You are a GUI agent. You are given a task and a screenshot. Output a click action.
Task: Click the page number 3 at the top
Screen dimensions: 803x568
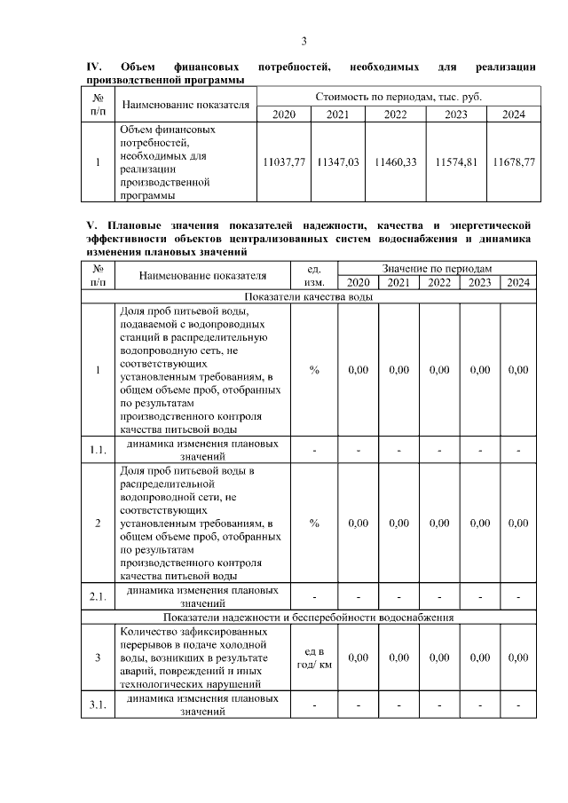pyautogui.click(x=304, y=42)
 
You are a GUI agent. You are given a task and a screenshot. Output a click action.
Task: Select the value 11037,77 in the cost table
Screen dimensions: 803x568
pyautogui.click(x=285, y=163)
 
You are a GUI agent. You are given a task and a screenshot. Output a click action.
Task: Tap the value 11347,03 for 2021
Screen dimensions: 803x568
pyautogui.click(x=337, y=163)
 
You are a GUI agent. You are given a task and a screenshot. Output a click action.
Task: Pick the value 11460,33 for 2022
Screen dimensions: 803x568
pyautogui.click(x=396, y=163)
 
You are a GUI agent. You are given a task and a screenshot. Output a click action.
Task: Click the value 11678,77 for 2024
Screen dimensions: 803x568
pyautogui.click(x=514, y=163)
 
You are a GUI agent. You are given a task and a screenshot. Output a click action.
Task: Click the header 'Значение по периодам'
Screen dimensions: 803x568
pyautogui.click(x=437, y=268)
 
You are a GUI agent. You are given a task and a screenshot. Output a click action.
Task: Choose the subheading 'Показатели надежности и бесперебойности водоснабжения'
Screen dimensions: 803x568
pyautogui.click(x=308, y=616)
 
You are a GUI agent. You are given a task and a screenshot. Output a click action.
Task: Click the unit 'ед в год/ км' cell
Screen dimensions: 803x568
pyautogui.click(x=314, y=658)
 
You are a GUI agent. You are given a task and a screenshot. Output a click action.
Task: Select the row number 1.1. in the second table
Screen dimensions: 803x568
pyautogui.click(x=98, y=450)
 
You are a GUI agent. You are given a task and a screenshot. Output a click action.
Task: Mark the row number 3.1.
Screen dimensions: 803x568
pyautogui.click(x=98, y=705)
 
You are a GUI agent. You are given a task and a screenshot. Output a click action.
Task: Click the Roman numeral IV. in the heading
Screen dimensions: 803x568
pyautogui.click(x=93, y=67)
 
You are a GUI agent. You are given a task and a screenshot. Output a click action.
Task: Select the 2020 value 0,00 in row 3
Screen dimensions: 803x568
pyautogui.click(x=358, y=658)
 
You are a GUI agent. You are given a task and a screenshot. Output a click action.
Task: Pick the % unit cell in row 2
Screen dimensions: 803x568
pyautogui.click(x=314, y=524)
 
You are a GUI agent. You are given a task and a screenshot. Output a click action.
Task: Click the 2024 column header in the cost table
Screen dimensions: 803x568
pyautogui.click(x=514, y=114)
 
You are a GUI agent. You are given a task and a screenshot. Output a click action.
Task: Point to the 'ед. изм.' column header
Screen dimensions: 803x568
pyautogui.click(x=314, y=275)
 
